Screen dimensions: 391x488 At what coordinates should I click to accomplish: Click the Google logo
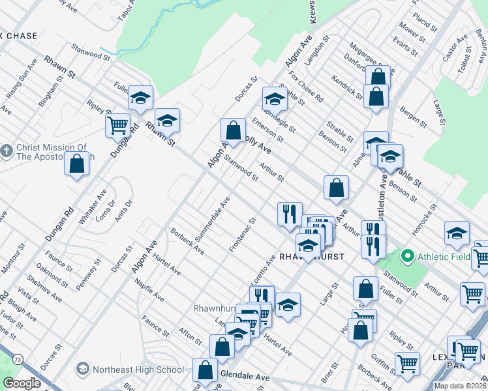coord(22,383)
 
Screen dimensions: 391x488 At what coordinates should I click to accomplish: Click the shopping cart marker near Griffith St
coord(408,364)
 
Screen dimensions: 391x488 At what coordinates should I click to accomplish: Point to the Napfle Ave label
coord(149,291)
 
